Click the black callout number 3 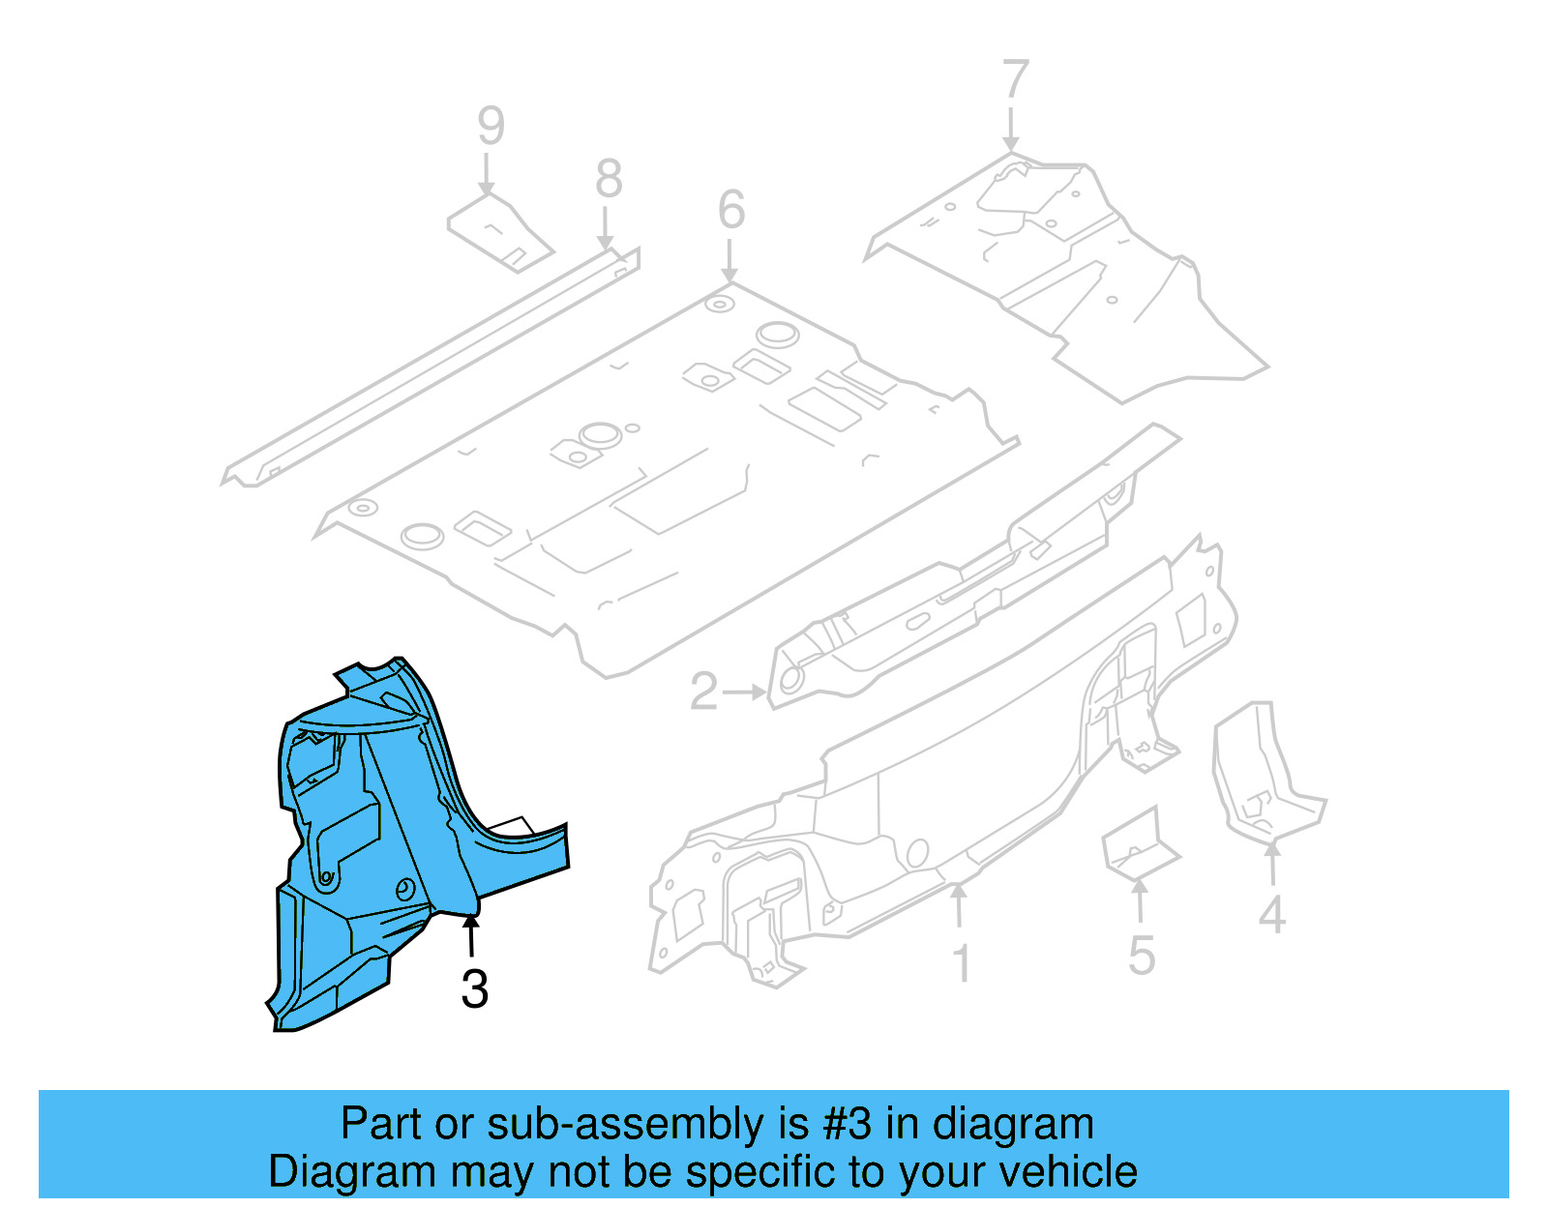pyautogui.click(x=474, y=988)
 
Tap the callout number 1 pyautogui.click(x=961, y=964)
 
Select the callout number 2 pyautogui.click(x=703, y=692)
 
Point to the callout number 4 pyautogui.click(x=1271, y=915)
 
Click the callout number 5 pyautogui.click(x=1142, y=956)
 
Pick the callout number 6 pyautogui.click(x=731, y=210)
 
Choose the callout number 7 pyautogui.click(x=1015, y=79)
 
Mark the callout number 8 pyautogui.click(x=609, y=179)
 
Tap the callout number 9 pyautogui.click(x=491, y=126)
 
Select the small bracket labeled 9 pyautogui.click(x=499, y=232)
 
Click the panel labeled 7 pyautogui.click(x=1074, y=271)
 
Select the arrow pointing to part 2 pyautogui.click(x=743, y=692)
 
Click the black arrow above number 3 pyautogui.click(x=471, y=936)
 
